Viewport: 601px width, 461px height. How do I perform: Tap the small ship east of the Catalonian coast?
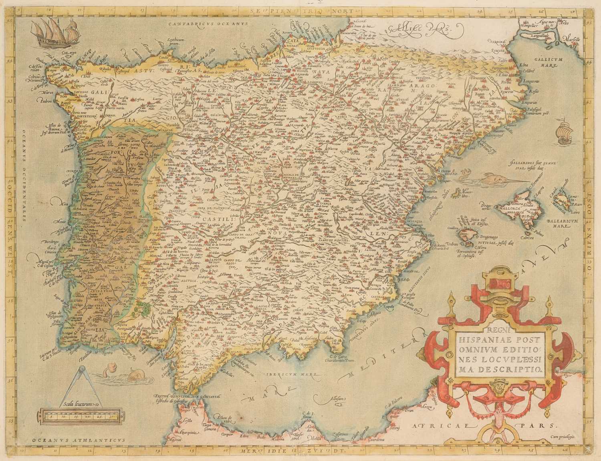(563, 132)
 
